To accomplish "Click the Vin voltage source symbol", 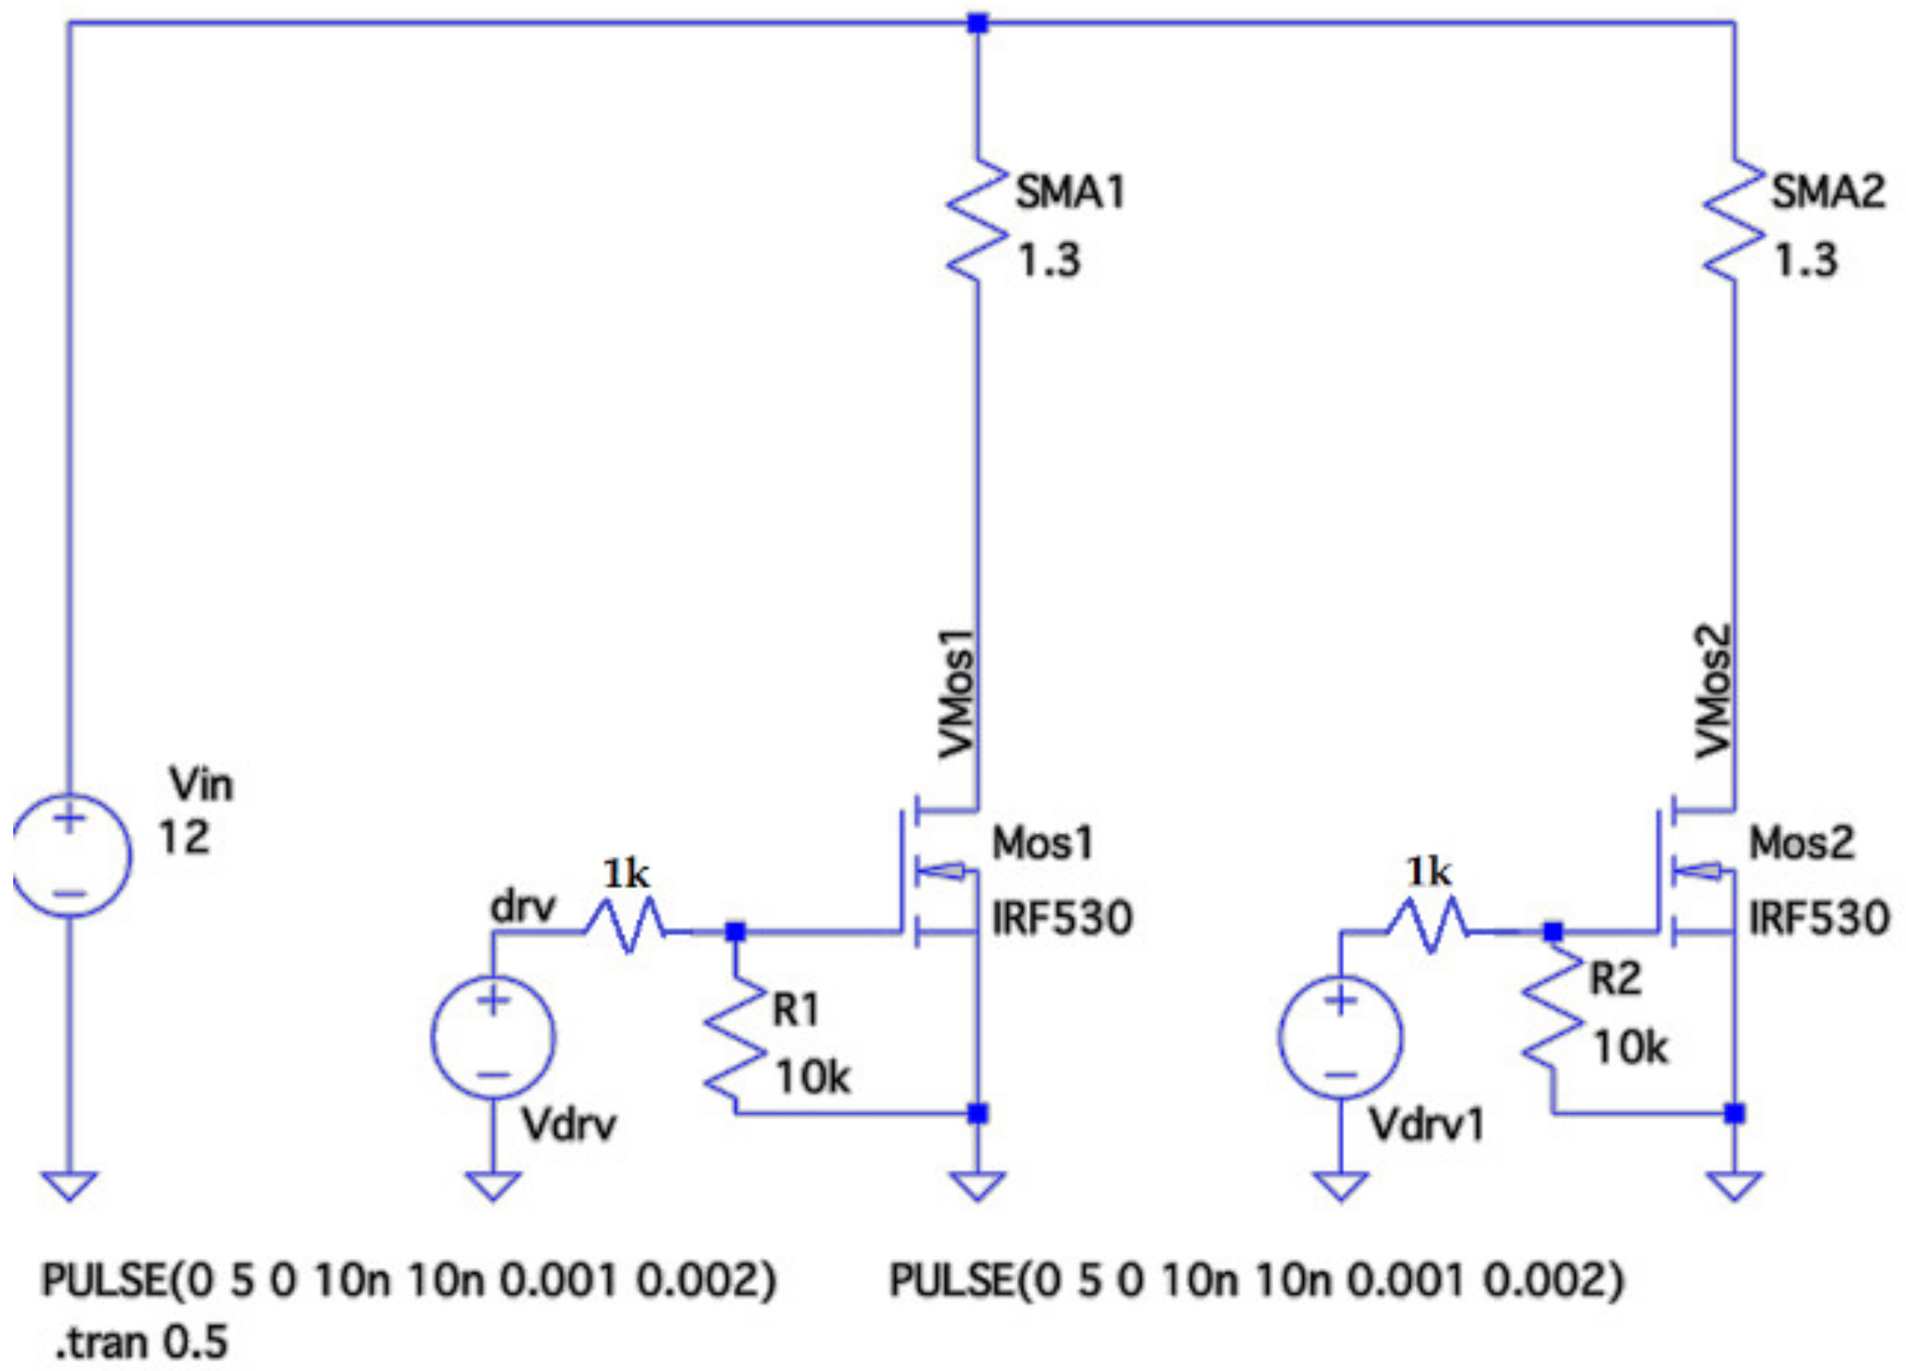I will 70,854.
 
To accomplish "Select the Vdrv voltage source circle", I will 493,1036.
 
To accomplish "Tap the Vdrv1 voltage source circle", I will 1340,1036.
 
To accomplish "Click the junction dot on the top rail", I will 977,22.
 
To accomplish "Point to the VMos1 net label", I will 958,693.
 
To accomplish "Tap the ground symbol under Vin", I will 70,1185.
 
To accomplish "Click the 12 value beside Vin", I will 184,838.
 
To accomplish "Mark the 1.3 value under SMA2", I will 1806,260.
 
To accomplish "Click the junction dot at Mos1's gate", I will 735,931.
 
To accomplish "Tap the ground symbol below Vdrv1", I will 1340,1185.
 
